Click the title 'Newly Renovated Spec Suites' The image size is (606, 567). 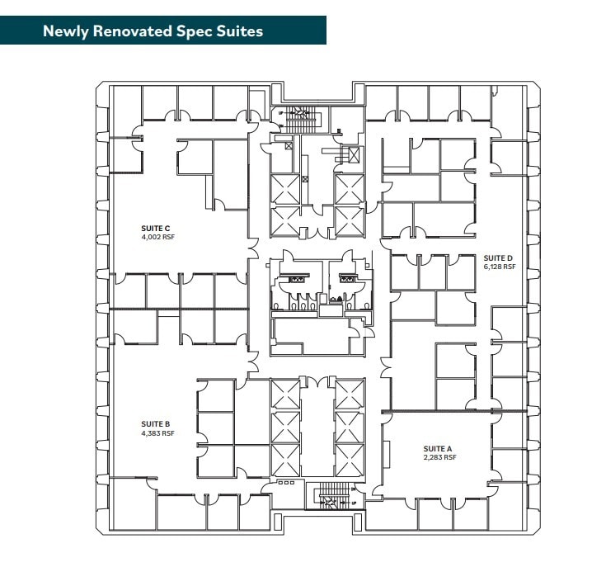click(x=153, y=31)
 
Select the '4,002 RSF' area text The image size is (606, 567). click(x=157, y=238)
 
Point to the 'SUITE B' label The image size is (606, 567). click(x=155, y=424)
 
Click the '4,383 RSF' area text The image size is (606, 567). click(x=157, y=433)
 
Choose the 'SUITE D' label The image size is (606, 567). click(x=498, y=258)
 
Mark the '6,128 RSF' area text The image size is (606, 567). click(x=500, y=267)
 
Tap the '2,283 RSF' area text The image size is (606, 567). click(x=439, y=457)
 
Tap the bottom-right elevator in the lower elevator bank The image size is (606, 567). click(x=349, y=461)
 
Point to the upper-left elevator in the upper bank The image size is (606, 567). click(x=285, y=190)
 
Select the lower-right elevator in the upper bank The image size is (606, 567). click(x=349, y=221)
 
